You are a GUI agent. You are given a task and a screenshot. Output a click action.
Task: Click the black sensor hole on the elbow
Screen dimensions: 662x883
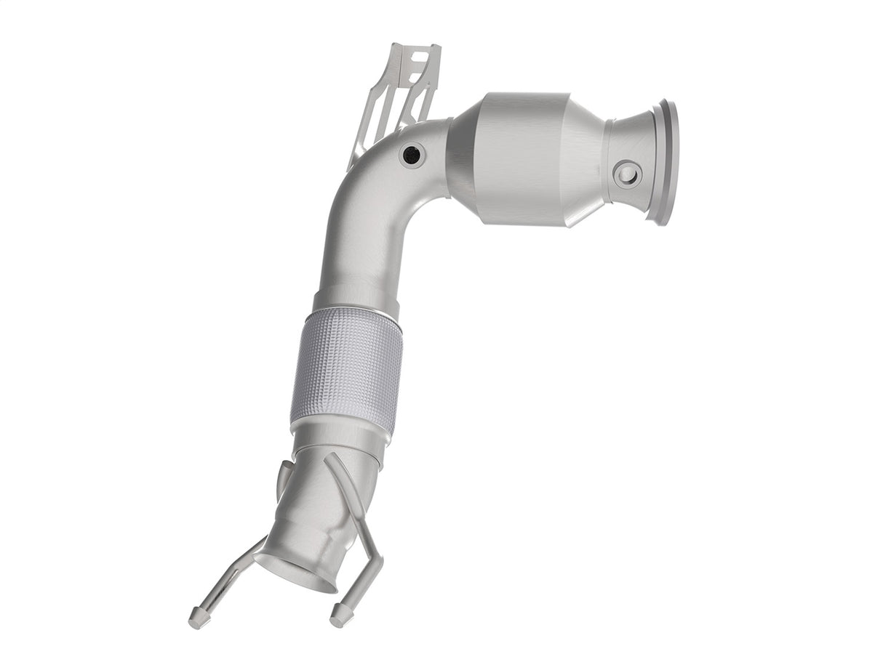(x=412, y=154)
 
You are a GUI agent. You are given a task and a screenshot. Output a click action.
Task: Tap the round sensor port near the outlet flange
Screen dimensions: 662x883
(x=626, y=174)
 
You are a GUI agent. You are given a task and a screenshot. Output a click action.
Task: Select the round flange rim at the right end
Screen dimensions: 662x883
(x=666, y=162)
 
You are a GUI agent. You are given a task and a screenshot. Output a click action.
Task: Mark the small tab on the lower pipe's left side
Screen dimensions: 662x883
(x=281, y=480)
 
